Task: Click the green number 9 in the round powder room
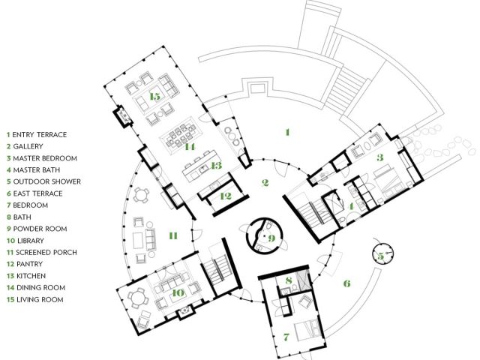271,238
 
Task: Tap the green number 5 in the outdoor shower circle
380,256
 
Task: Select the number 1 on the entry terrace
287,132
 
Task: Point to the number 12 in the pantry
226,196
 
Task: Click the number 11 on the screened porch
173,235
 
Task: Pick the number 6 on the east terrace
346,283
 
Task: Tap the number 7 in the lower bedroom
286,337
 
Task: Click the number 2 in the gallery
265,183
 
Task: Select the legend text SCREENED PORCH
46,252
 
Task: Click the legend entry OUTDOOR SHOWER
46,181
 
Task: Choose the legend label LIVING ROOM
40,299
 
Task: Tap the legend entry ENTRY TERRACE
39,134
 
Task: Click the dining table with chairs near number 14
181,135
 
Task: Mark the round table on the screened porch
140,195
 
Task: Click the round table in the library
137,297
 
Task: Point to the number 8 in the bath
288,280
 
